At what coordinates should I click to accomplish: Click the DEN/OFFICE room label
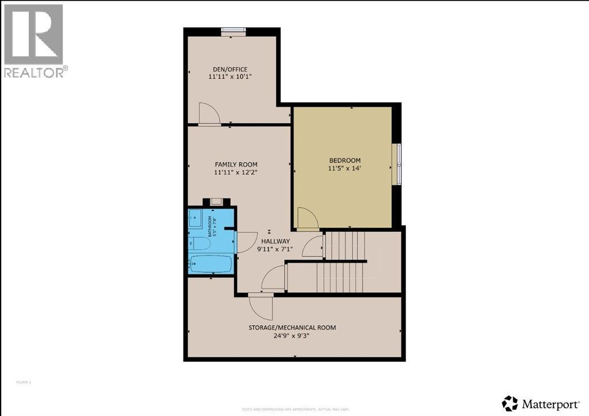coord(228,68)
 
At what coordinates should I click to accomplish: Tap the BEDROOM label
coord(345,160)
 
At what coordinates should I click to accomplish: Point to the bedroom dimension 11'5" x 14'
coord(345,168)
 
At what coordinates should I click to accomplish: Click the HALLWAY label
coord(276,241)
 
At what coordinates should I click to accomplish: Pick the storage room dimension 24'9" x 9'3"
coord(292,335)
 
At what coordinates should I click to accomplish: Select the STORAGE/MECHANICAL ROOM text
coord(292,327)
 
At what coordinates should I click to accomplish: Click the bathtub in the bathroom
coord(211,264)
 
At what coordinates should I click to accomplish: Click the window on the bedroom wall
coord(396,164)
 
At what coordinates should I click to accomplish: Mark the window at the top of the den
coord(234,31)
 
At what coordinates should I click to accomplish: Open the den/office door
coord(208,114)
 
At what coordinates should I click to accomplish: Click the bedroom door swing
coord(306,219)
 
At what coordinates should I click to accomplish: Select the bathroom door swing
coord(246,242)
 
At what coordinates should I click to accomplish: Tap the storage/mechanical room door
coord(263,306)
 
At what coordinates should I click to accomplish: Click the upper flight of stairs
coord(345,245)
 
